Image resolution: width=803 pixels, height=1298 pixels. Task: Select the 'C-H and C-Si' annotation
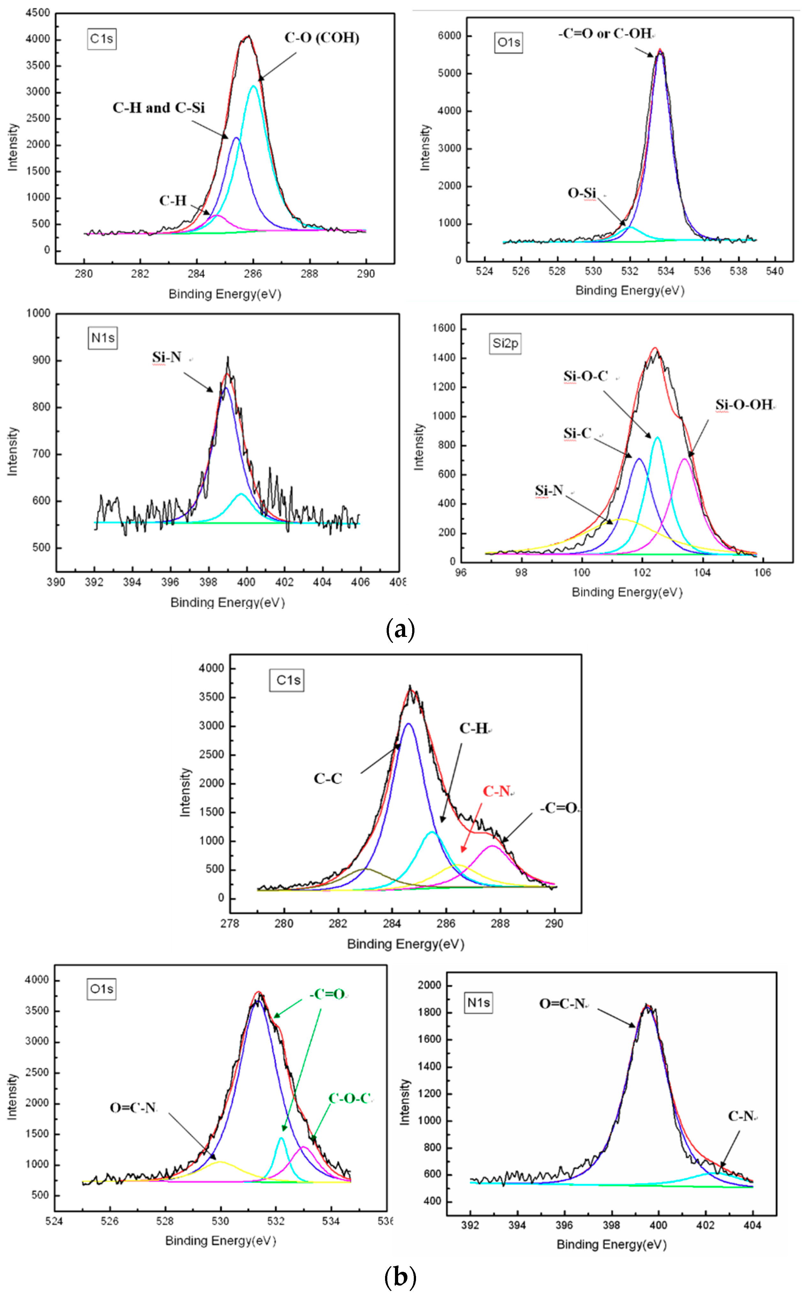click(x=158, y=108)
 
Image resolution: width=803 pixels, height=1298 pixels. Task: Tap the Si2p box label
click(x=505, y=343)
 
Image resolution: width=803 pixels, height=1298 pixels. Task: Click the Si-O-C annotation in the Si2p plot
click(x=586, y=376)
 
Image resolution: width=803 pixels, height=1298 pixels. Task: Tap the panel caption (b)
click(x=400, y=1276)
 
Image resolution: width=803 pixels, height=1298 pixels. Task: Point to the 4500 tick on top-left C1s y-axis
click(x=38, y=13)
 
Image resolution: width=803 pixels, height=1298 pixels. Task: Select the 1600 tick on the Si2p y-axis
click(x=444, y=328)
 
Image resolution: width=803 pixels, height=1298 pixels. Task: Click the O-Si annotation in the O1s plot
click(x=582, y=193)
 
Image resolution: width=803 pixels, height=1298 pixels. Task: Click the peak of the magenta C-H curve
click(x=217, y=215)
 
